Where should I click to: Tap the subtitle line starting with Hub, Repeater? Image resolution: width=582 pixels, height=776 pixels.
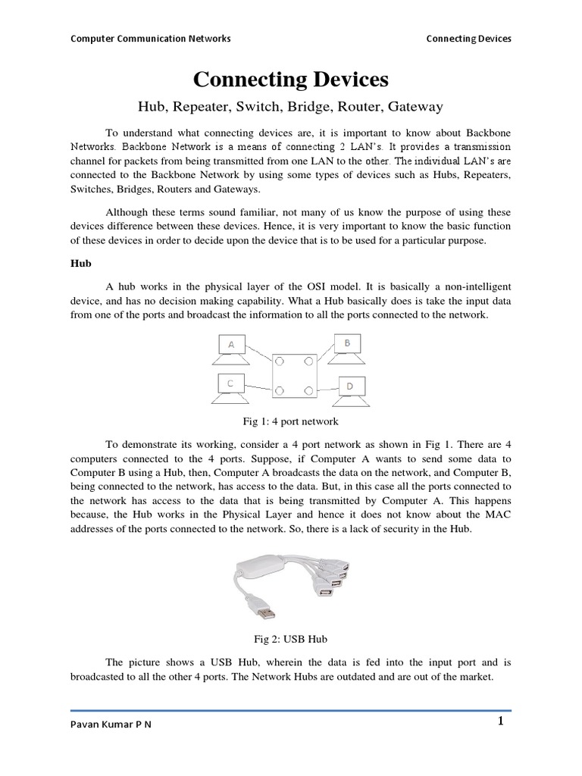[x=291, y=107]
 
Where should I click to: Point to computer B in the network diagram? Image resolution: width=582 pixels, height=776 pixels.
[x=346, y=346]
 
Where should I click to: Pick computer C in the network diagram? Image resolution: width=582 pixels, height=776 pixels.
[x=230, y=386]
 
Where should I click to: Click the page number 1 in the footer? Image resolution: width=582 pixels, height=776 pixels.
[x=500, y=721]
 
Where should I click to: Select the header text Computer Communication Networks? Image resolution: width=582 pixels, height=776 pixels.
[x=150, y=38]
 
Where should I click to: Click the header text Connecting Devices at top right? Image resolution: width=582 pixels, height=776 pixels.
[x=468, y=38]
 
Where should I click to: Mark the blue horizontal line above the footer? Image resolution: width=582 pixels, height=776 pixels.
[x=291, y=711]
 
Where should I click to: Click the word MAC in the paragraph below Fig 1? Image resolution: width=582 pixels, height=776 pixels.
[x=494, y=515]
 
